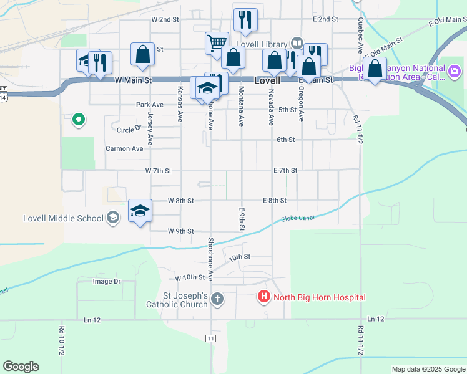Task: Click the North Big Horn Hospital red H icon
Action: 263,297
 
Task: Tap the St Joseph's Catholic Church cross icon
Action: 217,299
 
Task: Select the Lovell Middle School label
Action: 62,218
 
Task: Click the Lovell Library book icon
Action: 297,44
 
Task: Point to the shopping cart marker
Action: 216,44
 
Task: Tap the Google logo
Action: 21,367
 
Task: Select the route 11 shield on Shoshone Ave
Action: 211,337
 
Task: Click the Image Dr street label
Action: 106,281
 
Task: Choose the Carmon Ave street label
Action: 124,148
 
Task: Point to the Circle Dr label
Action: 129,130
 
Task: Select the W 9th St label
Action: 180,231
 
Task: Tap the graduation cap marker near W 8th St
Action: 140,210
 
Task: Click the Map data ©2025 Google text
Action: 428,369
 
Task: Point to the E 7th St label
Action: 285,170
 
